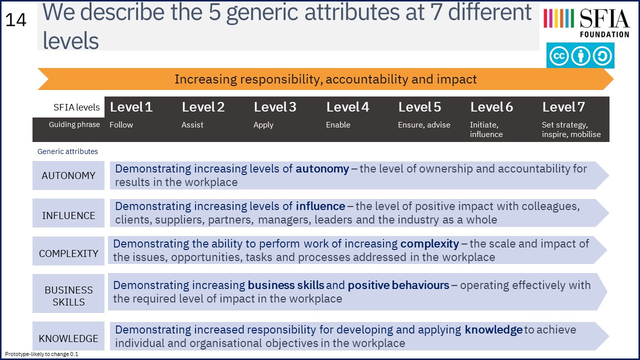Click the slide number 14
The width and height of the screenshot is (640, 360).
(x=16, y=20)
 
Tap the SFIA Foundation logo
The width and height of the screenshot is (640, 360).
(x=586, y=22)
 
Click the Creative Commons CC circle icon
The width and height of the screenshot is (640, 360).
(x=559, y=55)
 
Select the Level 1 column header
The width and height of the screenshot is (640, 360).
(x=131, y=107)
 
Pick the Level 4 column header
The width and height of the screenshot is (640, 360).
(x=347, y=107)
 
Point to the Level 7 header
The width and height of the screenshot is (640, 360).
(x=563, y=107)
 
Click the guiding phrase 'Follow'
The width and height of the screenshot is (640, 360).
(x=121, y=125)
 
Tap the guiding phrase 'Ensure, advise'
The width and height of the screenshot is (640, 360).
(x=424, y=125)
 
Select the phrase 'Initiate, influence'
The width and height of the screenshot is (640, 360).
(x=486, y=129)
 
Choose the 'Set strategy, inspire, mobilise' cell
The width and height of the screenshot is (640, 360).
(x=571, y=129)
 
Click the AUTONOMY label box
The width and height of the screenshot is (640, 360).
(x=68, y=175)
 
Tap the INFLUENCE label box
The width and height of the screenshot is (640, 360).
(x=68, y=213)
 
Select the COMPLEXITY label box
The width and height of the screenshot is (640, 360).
(x=68, y=251)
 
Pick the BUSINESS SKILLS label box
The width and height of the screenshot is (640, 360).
(x=68, y=293)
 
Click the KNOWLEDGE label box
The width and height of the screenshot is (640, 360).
(x=68, y=336)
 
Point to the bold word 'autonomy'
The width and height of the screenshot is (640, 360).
(x=322, y=169)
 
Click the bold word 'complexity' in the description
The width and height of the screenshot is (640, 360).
(x=429, y=244)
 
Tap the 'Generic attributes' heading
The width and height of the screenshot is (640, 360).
(x=67, y=151)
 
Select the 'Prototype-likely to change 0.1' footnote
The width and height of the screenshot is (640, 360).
(x=41, y=354)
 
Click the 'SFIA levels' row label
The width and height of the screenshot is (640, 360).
(x=76, y=107)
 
